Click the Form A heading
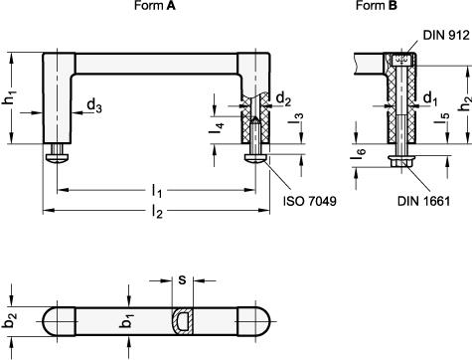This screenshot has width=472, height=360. point(155,5)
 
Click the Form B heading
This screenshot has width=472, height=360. point(377,5)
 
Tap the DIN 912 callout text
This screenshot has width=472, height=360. point(446,35)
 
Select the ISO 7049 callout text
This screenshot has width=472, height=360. point(310,201)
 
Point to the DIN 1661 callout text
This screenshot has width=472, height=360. point(423,201)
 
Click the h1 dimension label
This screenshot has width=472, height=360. point(10,97)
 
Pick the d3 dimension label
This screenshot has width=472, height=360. point(94,105)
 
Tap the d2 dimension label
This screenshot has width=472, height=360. point(283,98)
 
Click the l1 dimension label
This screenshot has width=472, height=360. point(157,191)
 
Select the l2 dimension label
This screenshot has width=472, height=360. point(157,212)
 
